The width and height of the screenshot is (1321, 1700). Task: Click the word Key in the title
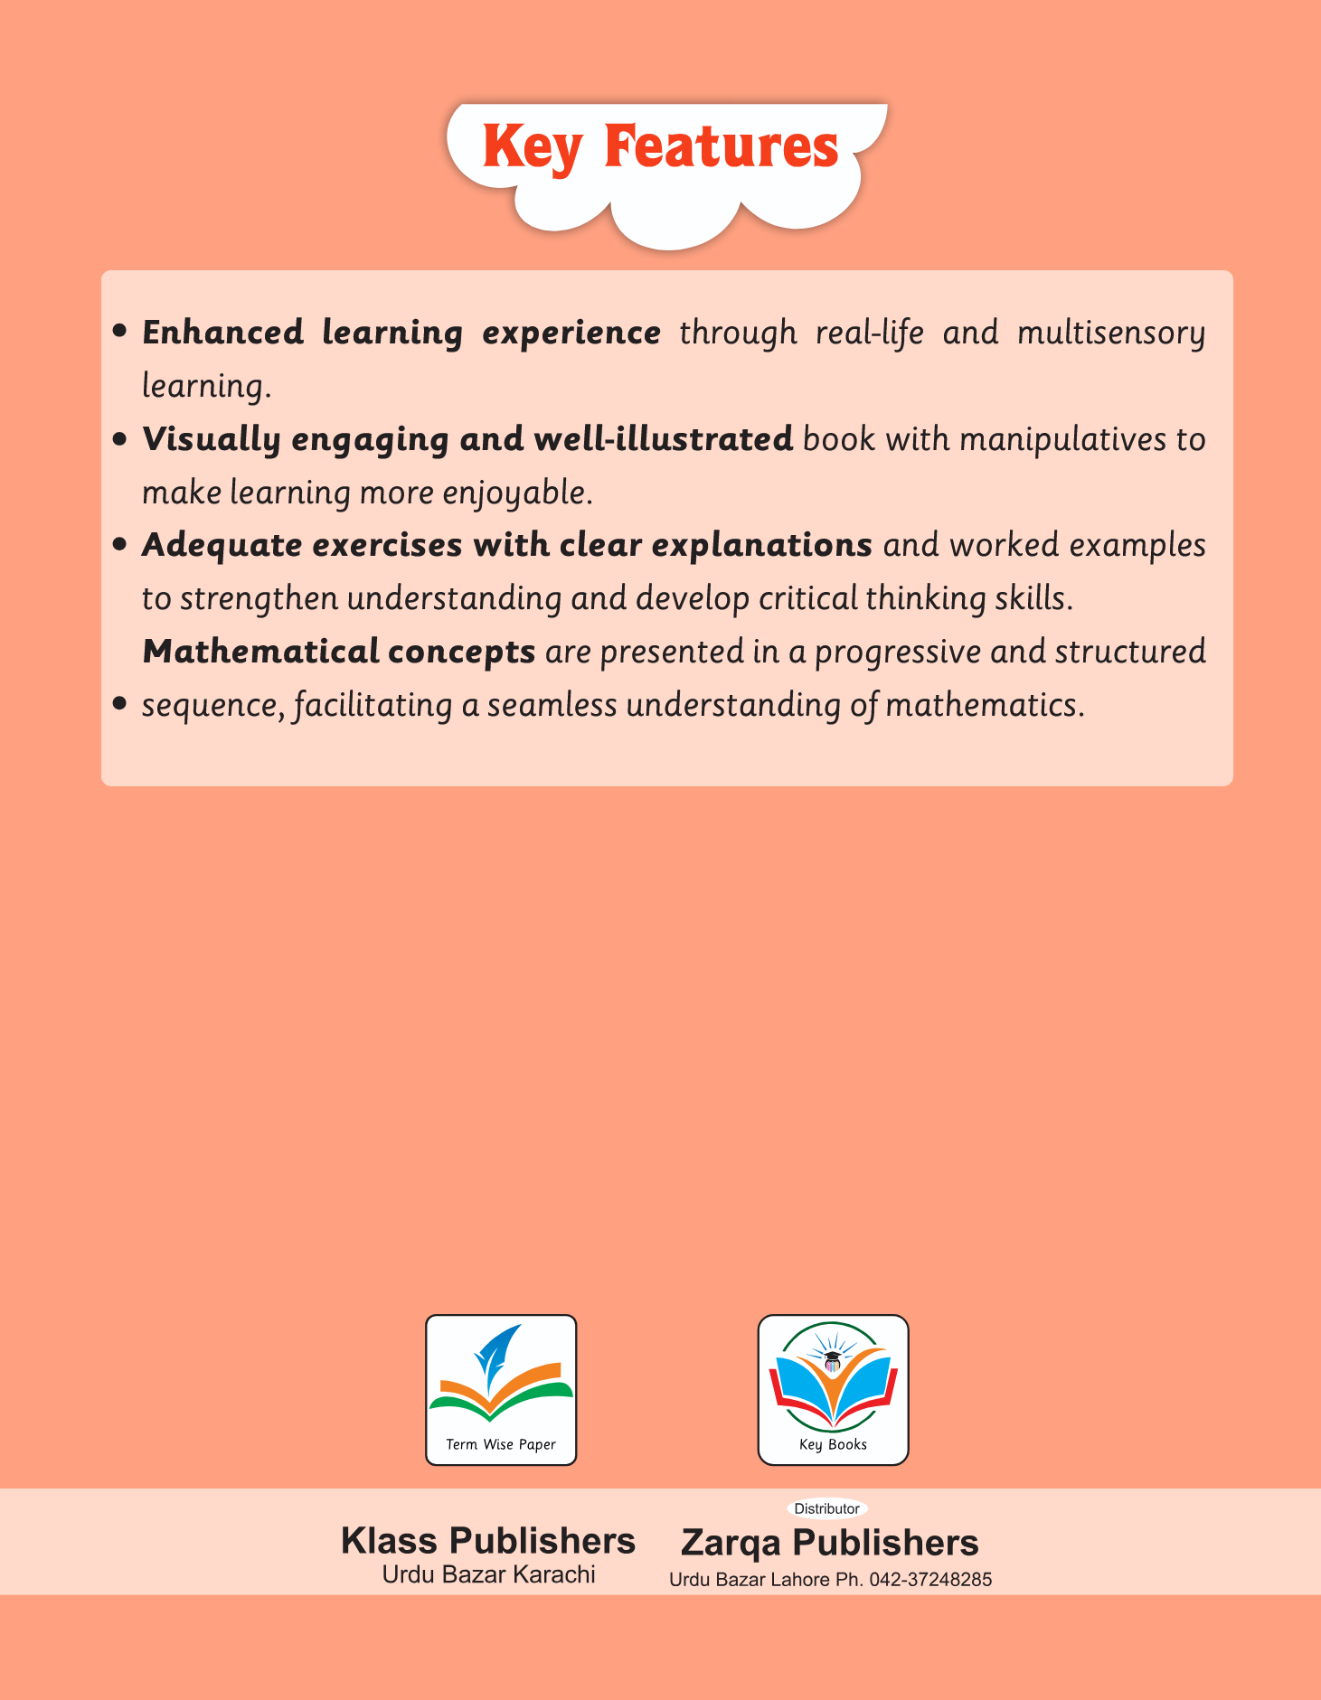click(532, 147)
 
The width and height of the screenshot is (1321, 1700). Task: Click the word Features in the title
click(722, 146)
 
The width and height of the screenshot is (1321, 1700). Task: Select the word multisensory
click(1111, 333)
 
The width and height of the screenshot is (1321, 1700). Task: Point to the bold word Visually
click(212, 439)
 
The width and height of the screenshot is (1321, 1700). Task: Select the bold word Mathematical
click(260, 651)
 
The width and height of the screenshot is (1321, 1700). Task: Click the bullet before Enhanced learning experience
click(118, 333)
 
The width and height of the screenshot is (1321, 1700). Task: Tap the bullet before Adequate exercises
click(118, 546)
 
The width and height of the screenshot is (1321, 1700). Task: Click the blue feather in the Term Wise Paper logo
click(495, 1353)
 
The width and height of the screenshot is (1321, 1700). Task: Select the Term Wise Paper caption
click(501, 1444)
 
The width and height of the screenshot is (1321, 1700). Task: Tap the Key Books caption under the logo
click(833, 1444)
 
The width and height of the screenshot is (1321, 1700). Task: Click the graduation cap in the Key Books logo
click(832, 1356)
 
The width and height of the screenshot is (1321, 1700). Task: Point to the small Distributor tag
click(826, 1508)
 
